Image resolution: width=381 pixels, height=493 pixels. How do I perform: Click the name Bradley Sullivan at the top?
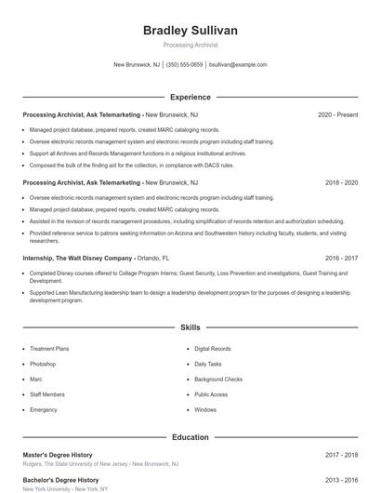[190, 31]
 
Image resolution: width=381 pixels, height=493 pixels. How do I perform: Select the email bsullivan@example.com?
[238, 65]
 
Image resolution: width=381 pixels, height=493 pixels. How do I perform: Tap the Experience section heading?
[190, 97]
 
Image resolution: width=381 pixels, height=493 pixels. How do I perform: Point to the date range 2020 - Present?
[337, 114]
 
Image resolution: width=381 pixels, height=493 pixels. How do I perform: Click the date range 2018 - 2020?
[341, 183]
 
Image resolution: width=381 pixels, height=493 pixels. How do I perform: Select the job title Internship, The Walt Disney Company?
[77, 258]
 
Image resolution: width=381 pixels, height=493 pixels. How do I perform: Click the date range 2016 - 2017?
[341, 258]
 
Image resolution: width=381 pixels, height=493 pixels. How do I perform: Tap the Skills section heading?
[190, 328]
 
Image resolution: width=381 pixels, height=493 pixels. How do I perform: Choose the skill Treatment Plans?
[49, 349]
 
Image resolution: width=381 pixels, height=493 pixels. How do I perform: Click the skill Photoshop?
[43, 364]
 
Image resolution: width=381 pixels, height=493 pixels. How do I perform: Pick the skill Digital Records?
[213, 349]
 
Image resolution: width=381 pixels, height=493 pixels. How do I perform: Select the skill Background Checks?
[218, 380]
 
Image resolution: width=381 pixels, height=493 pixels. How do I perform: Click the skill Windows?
[205, 409]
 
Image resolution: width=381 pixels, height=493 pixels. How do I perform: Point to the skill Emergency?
[44, 409]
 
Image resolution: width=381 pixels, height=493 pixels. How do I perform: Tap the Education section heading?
[190, 437]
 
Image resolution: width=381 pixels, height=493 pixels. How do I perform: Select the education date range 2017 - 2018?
[341, 455]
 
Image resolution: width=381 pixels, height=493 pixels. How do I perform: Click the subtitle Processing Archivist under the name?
[190, 45]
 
